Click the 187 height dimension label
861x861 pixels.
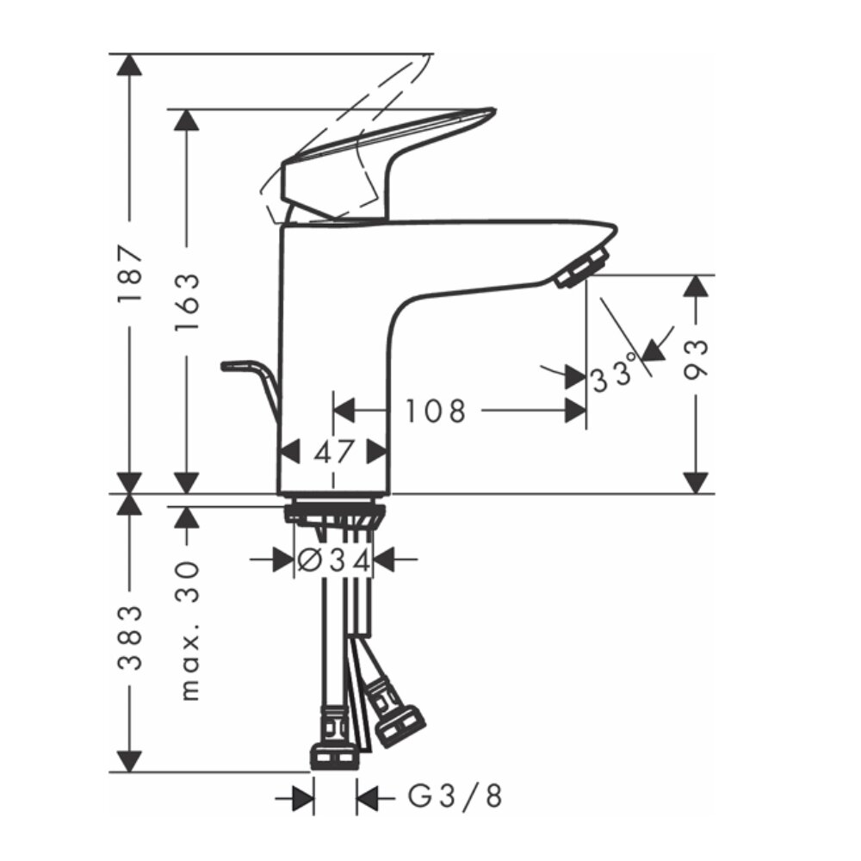130,274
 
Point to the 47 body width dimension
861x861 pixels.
333,451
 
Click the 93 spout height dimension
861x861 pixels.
697,359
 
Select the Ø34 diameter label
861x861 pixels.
333,561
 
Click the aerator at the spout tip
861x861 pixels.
582,265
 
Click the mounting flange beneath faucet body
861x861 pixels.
333,513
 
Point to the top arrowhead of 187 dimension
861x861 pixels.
130,65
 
